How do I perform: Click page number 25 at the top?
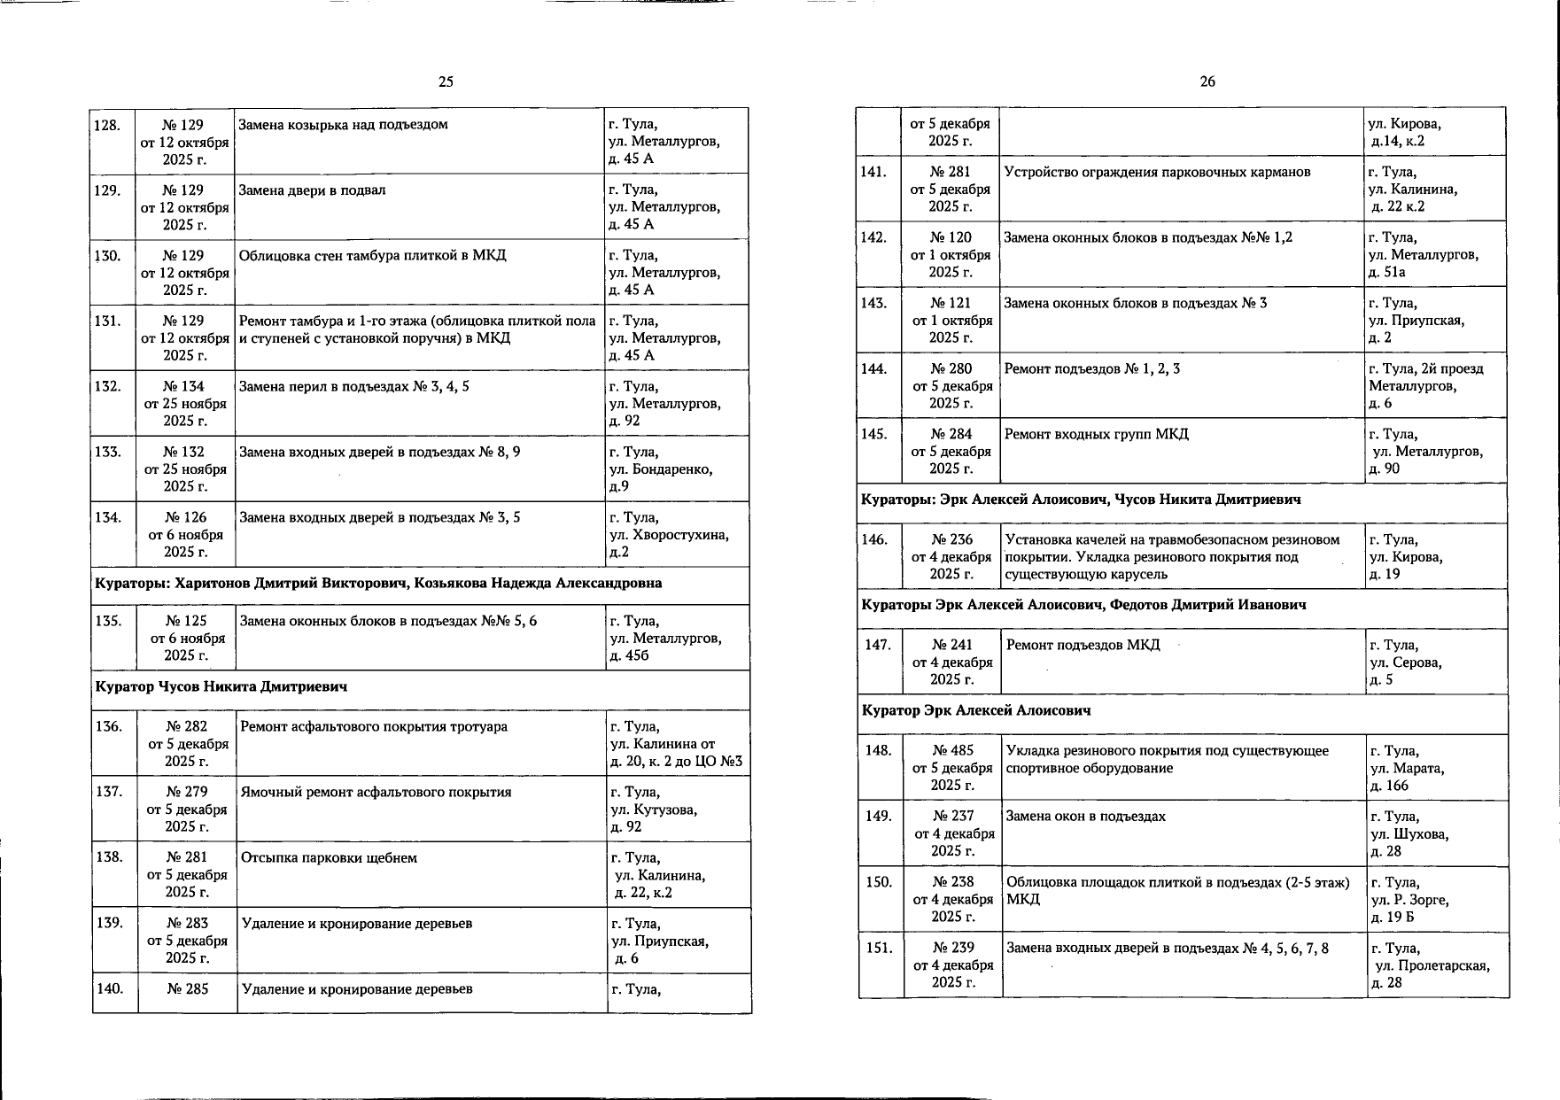click(x=446, y=81)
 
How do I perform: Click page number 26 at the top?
click(x=1207, y=81)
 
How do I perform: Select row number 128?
click(x=107, y=125)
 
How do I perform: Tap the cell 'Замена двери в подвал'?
click(x=313, y=190)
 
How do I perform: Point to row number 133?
click(x=107, y=453)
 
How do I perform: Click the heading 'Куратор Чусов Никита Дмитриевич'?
click(x=221, y=687)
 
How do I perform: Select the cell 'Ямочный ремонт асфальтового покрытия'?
click(x=376, y=793)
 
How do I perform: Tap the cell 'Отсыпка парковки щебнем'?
click(x=329, y=858)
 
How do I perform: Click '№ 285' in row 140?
click(x=187, y=989)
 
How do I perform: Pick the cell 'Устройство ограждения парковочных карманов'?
click(x=1157, y=173)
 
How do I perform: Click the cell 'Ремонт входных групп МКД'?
click(x=1096, y=435)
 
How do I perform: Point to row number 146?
click(x=874, y=540)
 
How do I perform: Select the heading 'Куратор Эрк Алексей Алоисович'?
click(x=976, y=711)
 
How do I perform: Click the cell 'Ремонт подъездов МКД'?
click(x=1083, y=646)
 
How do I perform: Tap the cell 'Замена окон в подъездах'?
click(x=1086, y=817)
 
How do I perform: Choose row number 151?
click(x=879, y=949)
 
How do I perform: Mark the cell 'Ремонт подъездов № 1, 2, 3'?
click(x=1091, y=369)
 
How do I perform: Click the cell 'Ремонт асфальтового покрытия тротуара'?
click(x=374, y=727)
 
